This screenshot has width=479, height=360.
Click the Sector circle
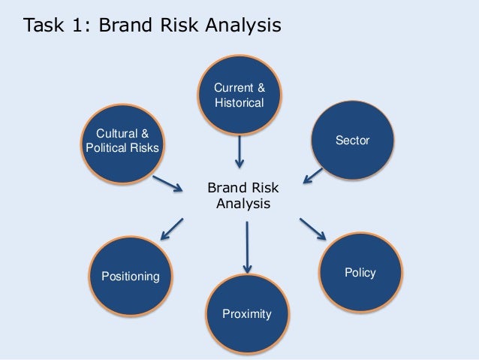coord(353,140)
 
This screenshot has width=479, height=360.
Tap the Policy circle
coord(361,271)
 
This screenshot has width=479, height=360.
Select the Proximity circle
coord(246,313)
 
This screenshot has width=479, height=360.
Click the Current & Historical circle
coord(239,95)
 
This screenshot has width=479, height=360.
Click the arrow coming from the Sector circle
coord(313,175)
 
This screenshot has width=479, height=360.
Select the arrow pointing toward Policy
coord(314,229)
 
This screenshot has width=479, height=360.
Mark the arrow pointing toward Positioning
coord(172,228)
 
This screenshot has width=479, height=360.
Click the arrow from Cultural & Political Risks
coord(167,183)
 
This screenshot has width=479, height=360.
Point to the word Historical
coord(239,103)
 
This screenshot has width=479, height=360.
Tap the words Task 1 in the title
coord(53,26)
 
